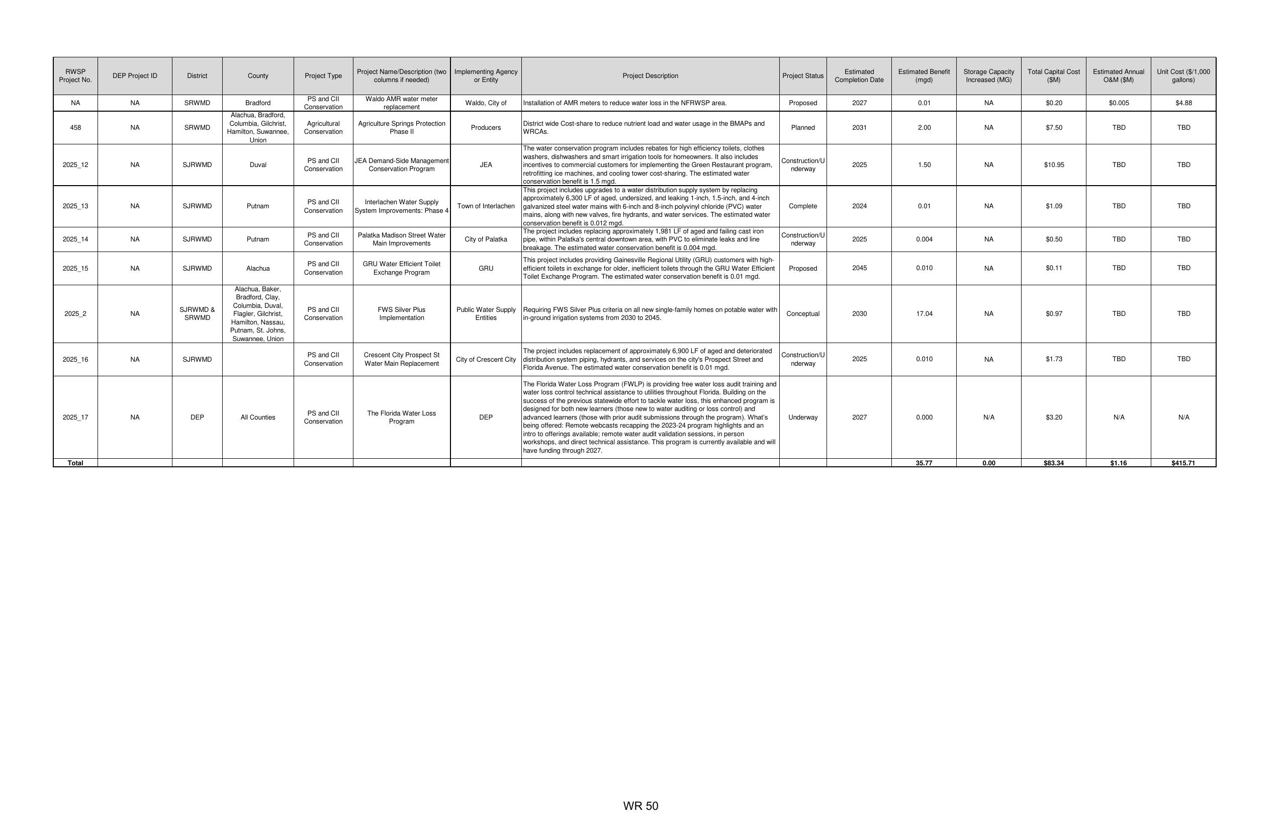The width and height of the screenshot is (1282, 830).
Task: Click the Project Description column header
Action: (x=650, y=76)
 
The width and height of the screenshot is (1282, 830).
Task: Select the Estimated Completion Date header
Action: (x=859, y=76)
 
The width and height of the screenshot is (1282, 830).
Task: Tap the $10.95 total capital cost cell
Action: (x=1054, y=165)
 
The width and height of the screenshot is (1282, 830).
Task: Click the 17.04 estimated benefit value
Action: (x=924, y=314)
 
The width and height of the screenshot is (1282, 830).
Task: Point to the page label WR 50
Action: (x=640, y=806)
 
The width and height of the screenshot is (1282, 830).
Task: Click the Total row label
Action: (x=75, y=463)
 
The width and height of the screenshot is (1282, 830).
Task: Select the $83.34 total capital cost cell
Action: (x=1053, y=463)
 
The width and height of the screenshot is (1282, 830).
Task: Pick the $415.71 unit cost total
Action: (x=1183, y=463)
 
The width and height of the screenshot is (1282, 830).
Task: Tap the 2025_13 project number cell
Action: (x=75, y=206)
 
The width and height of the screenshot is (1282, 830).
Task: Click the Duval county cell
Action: (x=258, y=165)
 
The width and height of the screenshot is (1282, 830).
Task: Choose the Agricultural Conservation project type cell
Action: (x=323, y=128)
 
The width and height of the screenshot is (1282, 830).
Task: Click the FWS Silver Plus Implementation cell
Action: (x=401, y=314)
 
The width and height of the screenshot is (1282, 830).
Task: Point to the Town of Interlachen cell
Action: (x=486, y=206)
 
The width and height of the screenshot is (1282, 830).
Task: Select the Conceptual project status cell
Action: (x=802, y=314)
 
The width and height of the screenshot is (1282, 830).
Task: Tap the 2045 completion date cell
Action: (x=859, y=269)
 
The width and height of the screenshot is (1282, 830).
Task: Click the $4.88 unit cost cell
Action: (x=1183, y=103)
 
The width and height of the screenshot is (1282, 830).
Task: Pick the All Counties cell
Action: (x=258, y=418)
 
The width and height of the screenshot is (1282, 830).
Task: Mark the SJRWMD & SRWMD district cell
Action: (x=197, y=314)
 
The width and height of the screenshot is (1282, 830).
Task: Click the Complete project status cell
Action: (x=802, y=206)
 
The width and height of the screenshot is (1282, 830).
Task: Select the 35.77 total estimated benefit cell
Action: (x=924, y=463)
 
